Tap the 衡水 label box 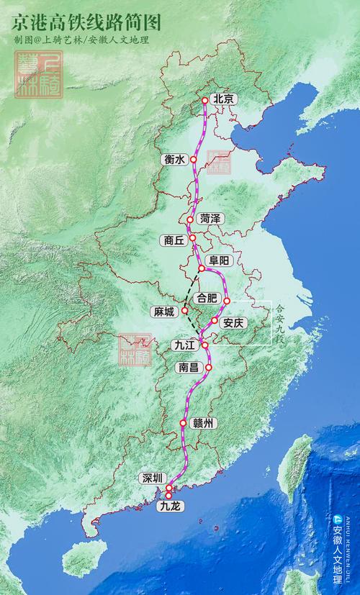pyautogui.click(x=175, y=160)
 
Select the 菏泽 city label pyautogui.click(x=211, y=218)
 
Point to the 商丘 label pyautogui.click(x=175, y=241)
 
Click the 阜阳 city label pyautogui.click(x=219, y=260)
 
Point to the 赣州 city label pyautogui.click(x=205, y=423)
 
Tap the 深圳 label pyautogui.click(x=153, y=478)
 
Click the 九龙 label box pyautogui.click(x=172, y=507)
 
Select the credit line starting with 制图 pyautogui.click(x=81, y=40)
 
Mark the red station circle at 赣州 pyautogui.click(x=184, y=423)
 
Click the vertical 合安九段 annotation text pyautogui.click(x=280, y=324)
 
